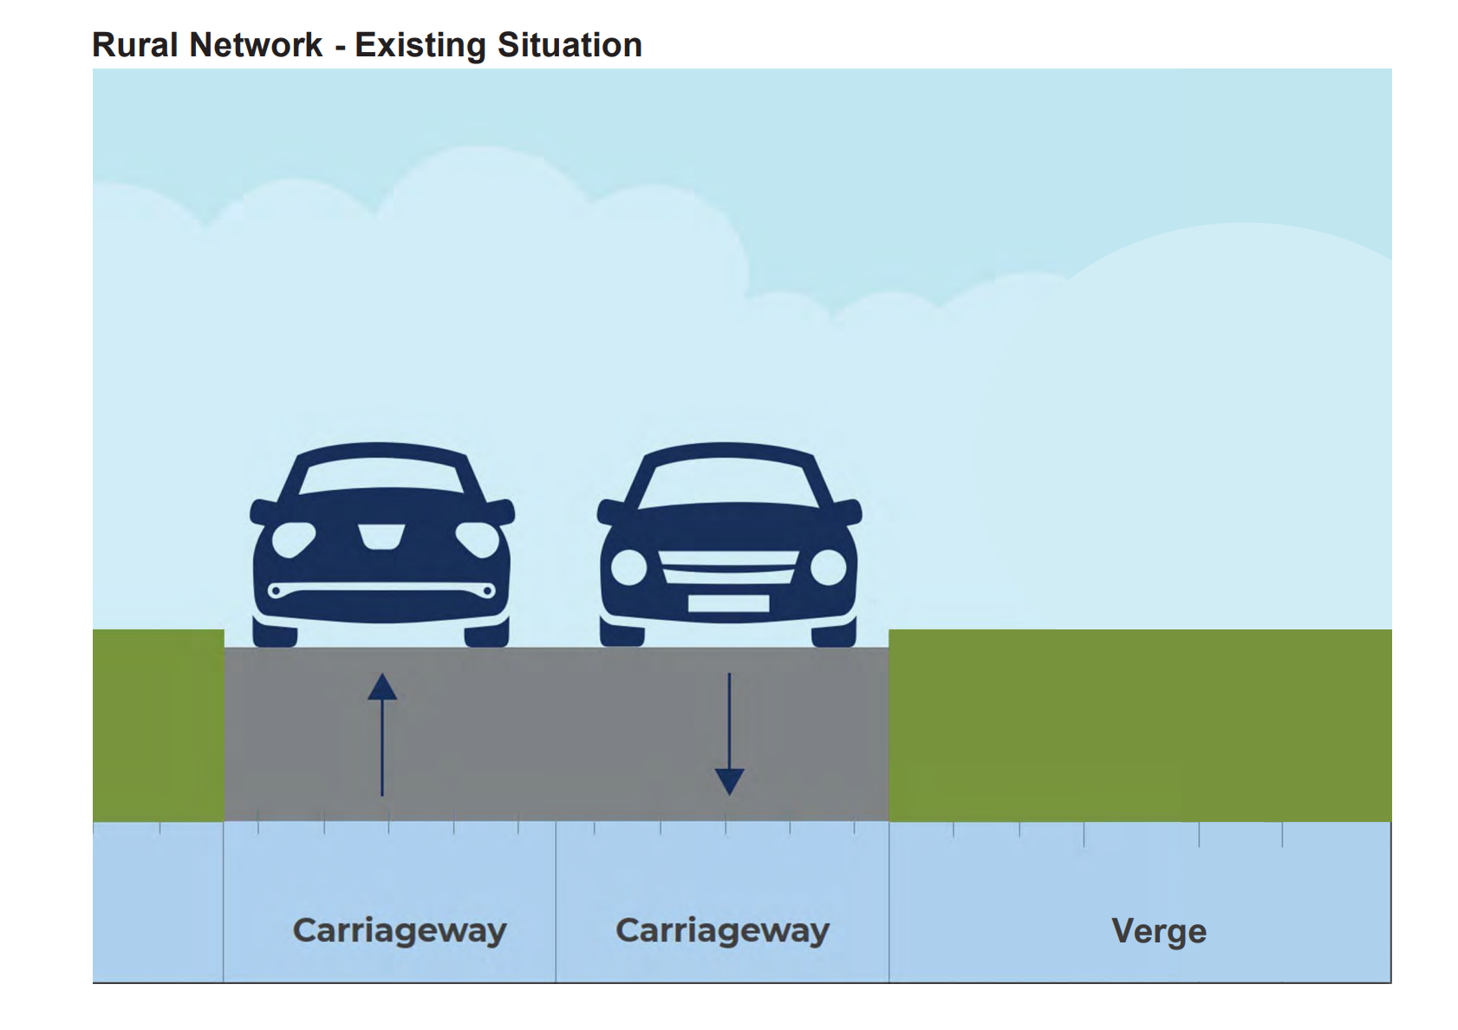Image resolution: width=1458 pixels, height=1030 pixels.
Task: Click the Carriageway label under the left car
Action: (400, 930)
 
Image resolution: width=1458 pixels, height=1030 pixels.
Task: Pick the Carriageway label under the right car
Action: (722, 930)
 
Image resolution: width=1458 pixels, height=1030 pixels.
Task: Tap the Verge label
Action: (1158, 931)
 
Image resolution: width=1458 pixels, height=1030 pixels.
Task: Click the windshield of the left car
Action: (381, 475)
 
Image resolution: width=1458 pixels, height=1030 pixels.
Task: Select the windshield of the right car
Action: (728, 482)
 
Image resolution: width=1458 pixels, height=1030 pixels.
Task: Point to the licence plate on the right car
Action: (728, 603)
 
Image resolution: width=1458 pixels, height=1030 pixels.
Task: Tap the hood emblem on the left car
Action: (381, 536)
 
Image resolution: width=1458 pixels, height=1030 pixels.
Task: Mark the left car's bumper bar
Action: (381, 590)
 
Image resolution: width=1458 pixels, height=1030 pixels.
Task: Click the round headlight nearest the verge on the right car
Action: (828, 568)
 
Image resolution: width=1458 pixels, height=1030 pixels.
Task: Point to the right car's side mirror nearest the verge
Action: (847, 511)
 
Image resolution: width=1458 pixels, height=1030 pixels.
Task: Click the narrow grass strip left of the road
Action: (158, 725)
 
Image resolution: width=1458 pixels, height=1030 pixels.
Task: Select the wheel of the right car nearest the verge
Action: (834, 634)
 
